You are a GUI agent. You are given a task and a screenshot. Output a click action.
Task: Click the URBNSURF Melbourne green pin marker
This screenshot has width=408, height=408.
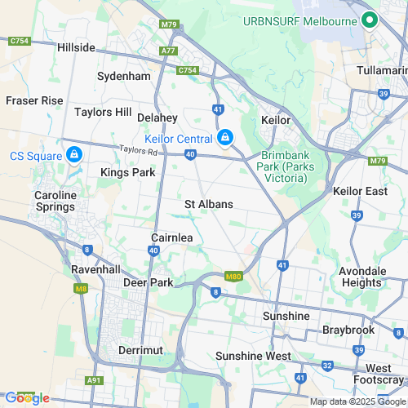369,20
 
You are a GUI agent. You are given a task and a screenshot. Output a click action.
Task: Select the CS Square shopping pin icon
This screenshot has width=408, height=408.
74,154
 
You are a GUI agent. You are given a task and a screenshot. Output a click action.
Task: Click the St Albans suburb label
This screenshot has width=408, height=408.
209,204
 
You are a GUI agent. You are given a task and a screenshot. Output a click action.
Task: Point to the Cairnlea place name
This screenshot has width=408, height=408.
171,237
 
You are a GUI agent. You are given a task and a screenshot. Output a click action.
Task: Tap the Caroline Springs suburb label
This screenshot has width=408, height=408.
55,202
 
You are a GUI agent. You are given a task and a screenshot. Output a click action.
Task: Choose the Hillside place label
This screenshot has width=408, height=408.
77,48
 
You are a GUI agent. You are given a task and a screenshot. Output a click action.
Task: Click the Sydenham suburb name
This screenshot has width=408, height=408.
124,76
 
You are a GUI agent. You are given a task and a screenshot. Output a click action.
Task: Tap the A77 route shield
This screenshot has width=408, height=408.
169,51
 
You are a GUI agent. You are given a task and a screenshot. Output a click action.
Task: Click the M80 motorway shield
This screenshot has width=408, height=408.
233,277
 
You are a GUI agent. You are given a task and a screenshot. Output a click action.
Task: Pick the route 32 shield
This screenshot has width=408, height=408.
327,365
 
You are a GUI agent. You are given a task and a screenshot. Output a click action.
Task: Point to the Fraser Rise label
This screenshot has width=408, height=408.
34,100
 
